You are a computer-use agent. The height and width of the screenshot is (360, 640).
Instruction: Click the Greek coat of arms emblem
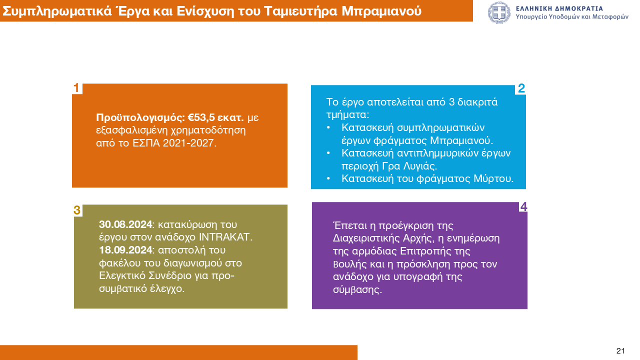point(499,12)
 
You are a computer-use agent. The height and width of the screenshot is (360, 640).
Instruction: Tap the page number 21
point(620,350)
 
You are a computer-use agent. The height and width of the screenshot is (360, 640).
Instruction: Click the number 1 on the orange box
point(76,88)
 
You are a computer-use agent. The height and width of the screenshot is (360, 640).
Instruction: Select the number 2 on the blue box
point(521,88)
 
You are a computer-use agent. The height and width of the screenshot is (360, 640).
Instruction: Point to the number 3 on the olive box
point(77,210)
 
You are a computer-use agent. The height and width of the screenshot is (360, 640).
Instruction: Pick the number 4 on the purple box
point(523,206)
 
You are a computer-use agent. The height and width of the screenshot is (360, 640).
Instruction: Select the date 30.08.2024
point(125,224)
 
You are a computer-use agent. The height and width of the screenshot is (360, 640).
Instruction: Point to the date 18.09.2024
point(125,250)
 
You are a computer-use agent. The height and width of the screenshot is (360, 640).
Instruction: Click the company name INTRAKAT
point(224,237)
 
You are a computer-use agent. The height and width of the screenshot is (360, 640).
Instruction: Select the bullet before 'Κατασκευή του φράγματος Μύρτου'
point(328,178)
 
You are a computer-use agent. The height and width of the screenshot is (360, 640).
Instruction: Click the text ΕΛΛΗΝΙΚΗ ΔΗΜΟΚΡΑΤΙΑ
point(559,8)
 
